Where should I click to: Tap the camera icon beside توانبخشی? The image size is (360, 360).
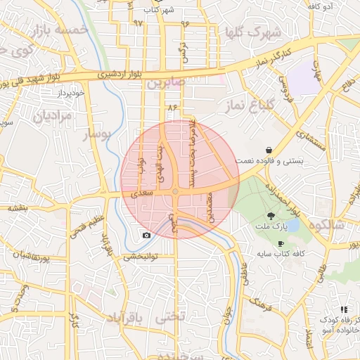click(146, 235)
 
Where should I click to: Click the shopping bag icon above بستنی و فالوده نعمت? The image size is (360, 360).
click(269, 150)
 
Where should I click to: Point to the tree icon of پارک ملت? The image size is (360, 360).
click(271, 216)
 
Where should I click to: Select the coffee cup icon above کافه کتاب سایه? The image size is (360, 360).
click(281, 243)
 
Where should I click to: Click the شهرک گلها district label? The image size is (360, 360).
click(250, 32)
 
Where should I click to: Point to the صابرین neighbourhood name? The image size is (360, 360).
click(166, 83)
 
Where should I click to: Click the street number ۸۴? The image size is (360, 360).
click(170, 106)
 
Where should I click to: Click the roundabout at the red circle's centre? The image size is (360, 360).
click(174, 191)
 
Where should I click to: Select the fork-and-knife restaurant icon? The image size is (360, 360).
click(344, 309)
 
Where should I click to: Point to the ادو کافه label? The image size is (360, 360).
click(320, 6)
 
